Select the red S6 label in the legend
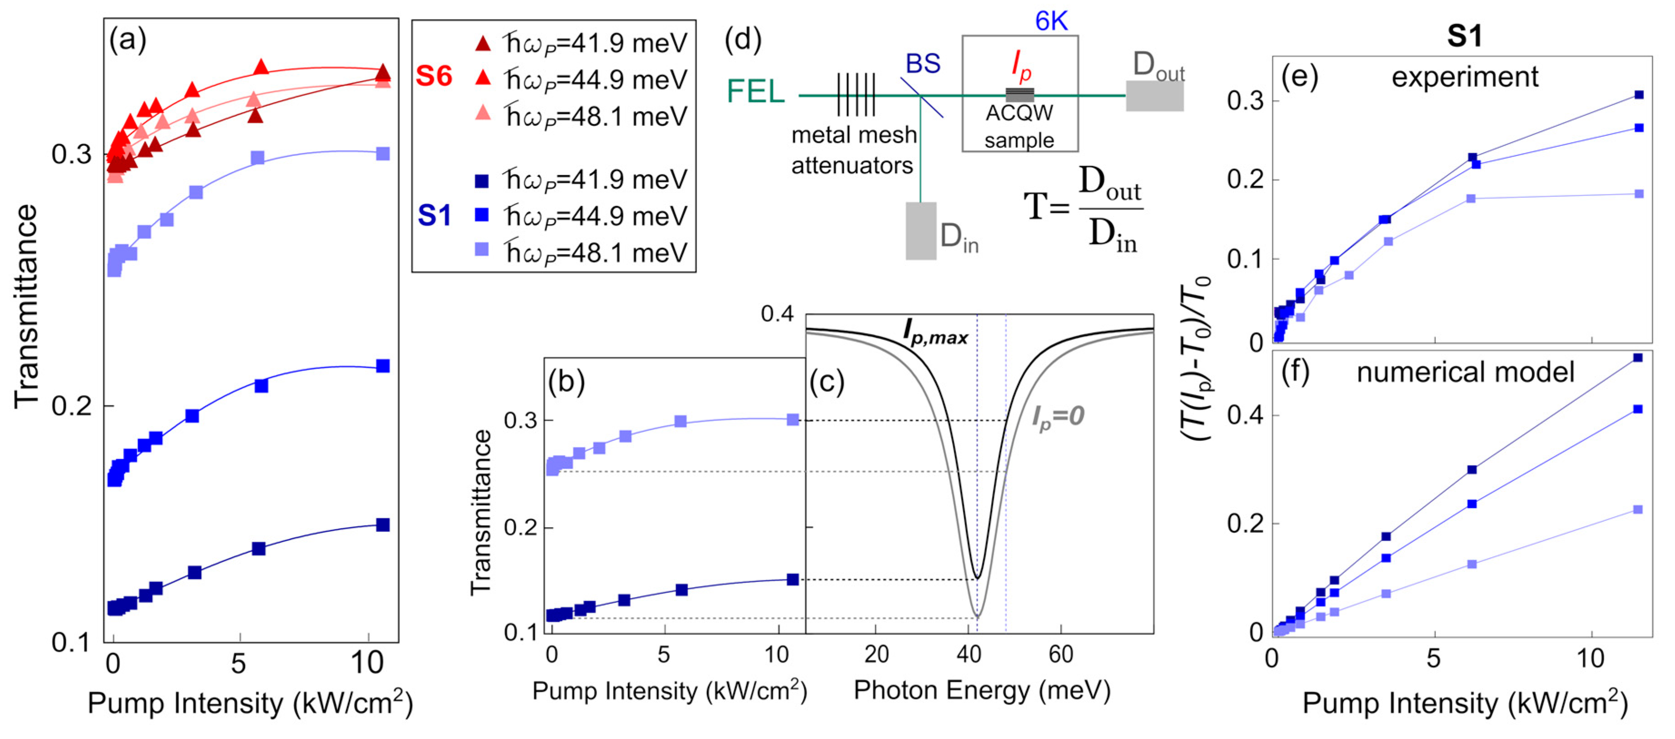[x=434, y=77]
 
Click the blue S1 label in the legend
[x=434, y=215]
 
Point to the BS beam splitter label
[x=922, y=64]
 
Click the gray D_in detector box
[x=921, y=231]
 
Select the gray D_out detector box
[x=1154, y=95]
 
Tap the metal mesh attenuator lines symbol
[x=856, y=95]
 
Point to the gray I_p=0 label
[x=1057, y=416]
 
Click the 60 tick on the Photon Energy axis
[x=1061, y=654]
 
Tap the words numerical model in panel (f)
[x=1465, y=372]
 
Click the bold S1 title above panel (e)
[x=1464, y=36]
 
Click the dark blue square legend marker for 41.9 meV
[x=482, y=180]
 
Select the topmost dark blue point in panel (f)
[x=1638, y=358]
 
